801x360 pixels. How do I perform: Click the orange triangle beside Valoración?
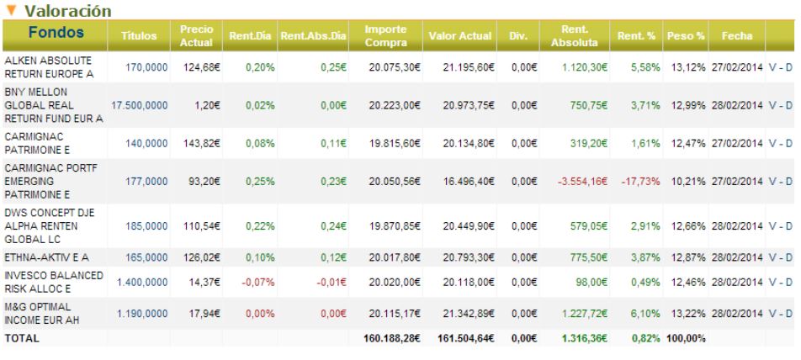(12, 10)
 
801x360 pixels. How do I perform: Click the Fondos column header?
(56, 33)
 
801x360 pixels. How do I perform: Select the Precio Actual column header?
(196, 35)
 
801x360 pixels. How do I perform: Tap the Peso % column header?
(686, 35)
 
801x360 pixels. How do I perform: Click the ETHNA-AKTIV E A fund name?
(47, 257)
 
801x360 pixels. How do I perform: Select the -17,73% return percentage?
(640, 182)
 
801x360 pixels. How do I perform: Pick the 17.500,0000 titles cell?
(140, 105)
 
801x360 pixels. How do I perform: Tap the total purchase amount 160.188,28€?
(392, 339)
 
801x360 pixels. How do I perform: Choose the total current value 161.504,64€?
(466, 339)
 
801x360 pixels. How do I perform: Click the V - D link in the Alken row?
(780, 67)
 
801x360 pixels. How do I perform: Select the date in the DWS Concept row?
(737, 225)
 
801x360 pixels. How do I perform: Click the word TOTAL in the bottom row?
(22, 339)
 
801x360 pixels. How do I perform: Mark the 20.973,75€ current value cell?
(469, 105)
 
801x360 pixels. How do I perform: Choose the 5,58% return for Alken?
(645, 67)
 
